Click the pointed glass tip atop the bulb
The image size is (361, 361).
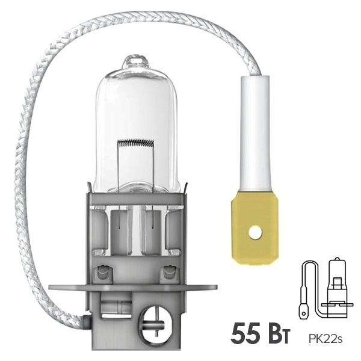(135, 61)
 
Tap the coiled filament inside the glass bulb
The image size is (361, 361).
(137, 144)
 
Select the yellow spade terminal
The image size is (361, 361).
(255, 222)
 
